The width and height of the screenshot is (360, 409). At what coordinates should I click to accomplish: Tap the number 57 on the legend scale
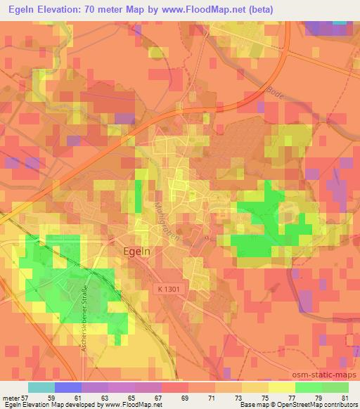(27, 397)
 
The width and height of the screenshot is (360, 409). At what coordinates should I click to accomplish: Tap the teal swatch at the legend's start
(41, 387)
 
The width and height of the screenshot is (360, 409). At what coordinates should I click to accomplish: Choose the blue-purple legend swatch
(67, 387)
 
